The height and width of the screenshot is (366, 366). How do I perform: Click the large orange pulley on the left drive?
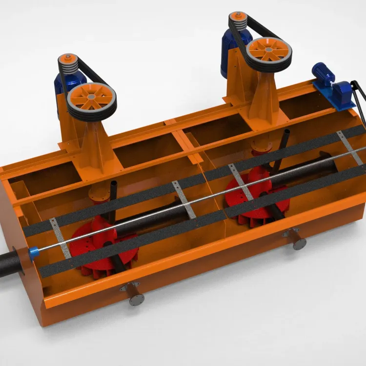coord(91,100)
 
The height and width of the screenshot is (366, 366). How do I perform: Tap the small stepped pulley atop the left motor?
coord(67,63)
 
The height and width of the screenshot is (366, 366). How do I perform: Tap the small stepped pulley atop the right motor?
coord(238,20)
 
